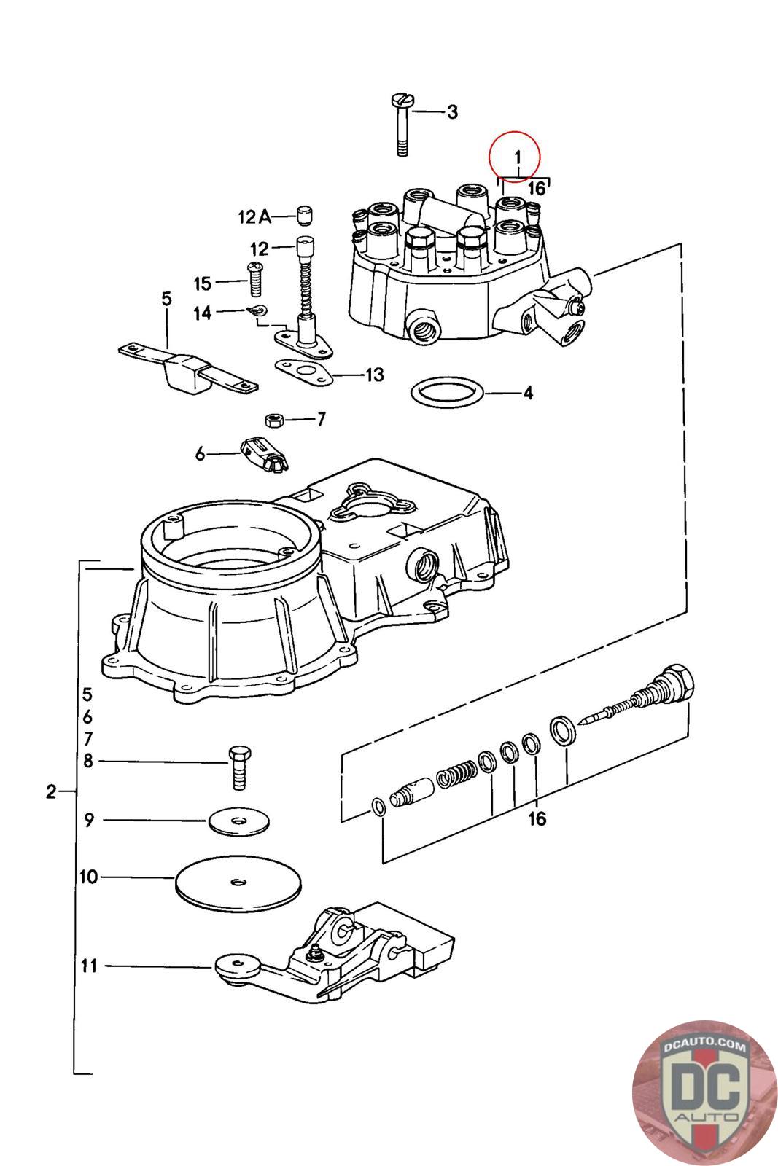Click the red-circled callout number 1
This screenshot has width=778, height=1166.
(517, 156)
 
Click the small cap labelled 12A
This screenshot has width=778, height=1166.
(304, 215)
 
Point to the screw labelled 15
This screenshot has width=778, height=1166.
(256, 280)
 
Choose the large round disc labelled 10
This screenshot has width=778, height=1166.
(238, 883)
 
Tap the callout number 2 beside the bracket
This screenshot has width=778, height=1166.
(50, 791)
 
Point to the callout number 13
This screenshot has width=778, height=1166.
(374, 375)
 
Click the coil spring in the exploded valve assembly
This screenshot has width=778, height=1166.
(456, 775)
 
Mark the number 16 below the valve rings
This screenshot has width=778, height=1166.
(537, 819)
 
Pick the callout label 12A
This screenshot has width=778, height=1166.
(254, 216)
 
